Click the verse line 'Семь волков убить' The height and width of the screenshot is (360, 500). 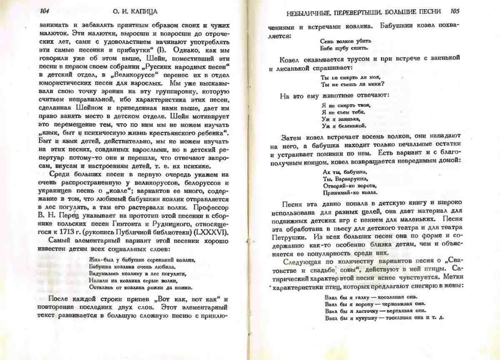(x=345, y=41)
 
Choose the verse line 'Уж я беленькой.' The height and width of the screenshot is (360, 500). (x=344, y=125)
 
